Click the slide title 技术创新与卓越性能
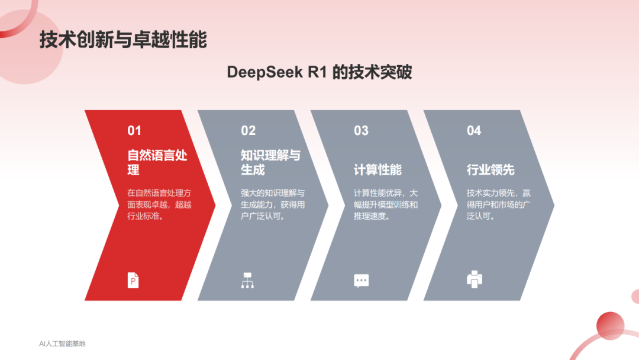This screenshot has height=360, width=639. pos(123,40)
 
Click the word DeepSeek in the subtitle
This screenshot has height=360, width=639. pos(265,72)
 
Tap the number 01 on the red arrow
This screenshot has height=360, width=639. pos(134,130)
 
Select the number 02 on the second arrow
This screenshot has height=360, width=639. pos(248,130)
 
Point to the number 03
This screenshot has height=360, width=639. pos(361,130)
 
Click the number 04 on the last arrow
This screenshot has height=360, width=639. pos(474,130)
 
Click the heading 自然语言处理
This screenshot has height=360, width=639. pos(157,162)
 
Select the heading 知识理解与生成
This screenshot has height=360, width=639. pos(270,162)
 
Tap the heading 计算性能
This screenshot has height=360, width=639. pos(377,169)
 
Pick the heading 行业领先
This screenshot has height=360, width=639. pos(490,169)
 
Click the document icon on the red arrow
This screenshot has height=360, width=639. pos(133,280)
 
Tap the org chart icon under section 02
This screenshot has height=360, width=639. pos(247,281)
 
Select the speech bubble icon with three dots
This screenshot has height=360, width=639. pos(362,281)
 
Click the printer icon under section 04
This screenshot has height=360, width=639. pos(475,279)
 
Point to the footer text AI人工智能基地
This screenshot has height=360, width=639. pos(62,343)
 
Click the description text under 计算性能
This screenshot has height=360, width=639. pos(386,205)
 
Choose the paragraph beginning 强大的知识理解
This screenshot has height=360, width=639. pos(273,205)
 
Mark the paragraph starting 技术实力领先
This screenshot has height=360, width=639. pos(498,205)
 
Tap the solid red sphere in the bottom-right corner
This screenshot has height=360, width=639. pos(610,326)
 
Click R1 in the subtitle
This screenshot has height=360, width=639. pos(318,72)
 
